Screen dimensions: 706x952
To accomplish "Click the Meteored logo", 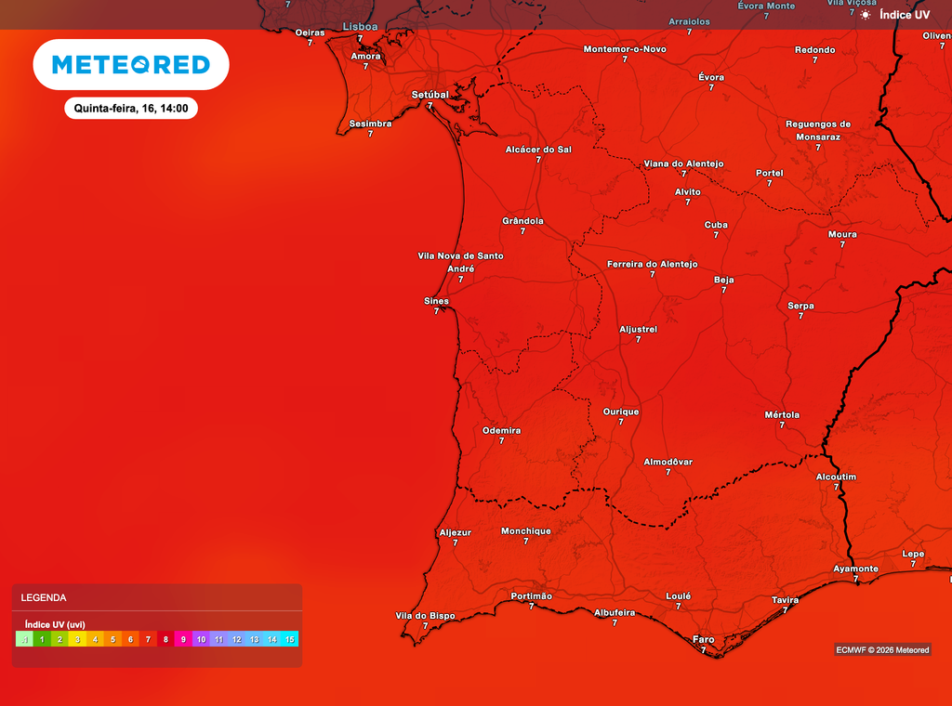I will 131,64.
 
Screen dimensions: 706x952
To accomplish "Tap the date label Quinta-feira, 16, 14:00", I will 131,109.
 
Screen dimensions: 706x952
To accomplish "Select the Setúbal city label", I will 430,95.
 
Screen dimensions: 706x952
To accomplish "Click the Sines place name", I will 436,301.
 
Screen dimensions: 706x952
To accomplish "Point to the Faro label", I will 704,639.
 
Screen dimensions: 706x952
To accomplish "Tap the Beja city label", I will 723,280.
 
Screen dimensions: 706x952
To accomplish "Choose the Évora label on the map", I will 711,77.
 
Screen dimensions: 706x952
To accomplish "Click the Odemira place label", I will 502,431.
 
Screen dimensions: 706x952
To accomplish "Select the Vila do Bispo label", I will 426,615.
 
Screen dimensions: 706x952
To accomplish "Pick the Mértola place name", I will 782,414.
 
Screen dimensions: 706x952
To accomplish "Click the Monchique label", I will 526,531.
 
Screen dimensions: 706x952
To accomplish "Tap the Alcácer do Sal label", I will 538,149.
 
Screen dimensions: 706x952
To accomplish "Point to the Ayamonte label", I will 855,569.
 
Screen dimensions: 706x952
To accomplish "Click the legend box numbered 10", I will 201,639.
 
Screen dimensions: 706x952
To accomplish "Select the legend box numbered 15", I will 290,639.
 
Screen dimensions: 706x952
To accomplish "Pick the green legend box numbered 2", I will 59,639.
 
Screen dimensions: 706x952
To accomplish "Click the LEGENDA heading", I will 44,598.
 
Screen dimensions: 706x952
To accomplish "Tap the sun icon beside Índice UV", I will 866,15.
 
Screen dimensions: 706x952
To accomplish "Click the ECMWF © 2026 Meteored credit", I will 882,649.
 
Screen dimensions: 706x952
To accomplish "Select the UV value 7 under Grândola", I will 522,231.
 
